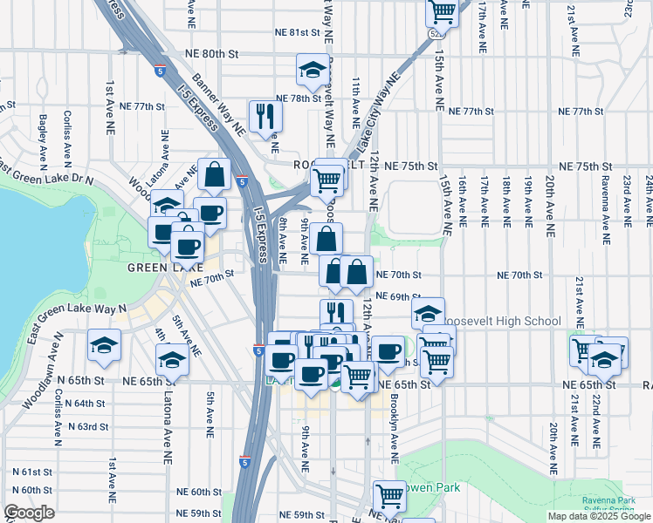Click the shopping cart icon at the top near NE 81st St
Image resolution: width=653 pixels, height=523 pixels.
coord(443,12)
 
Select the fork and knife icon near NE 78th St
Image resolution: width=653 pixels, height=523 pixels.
coord(264,116)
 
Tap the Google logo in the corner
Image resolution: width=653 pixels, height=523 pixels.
coord(29,513)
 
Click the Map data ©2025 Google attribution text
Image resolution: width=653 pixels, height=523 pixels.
coord(599,516)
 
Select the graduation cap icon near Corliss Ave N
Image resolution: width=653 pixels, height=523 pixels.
coord(104,346)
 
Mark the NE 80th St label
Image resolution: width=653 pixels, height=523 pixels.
coord(212,54)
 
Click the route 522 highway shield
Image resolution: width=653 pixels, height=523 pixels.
coord(434,32)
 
